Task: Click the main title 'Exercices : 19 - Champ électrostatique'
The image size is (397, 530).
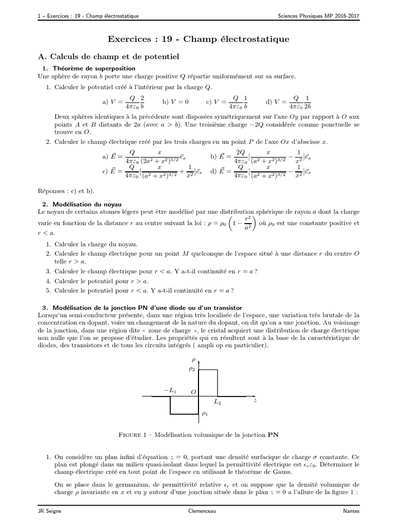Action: (x=198, y=39)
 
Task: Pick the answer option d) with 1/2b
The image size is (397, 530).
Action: (x=289, y=101)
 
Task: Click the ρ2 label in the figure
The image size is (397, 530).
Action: (x=192, y=369)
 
